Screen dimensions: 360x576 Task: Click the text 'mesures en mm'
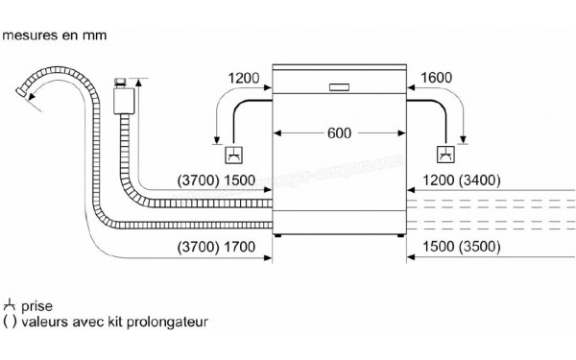point(54,36)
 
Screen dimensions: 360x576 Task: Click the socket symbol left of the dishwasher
point(232,154)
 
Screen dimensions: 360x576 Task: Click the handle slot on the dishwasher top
point(340,85)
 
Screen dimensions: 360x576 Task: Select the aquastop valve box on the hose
point(122,99)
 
